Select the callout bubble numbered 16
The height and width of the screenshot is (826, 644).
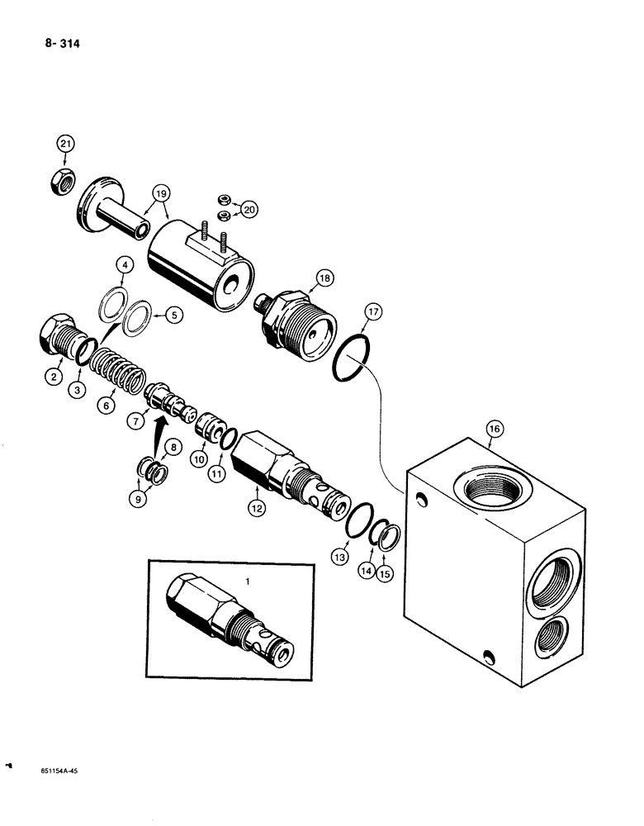(494, 429)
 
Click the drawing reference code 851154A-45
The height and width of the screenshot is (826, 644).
(54, 769)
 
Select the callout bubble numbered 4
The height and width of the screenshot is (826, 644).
(124, 266)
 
